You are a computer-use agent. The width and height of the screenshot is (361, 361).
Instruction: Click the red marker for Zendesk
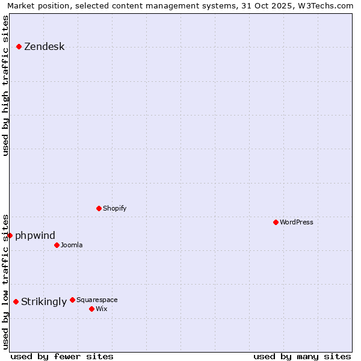(x=19, y=46)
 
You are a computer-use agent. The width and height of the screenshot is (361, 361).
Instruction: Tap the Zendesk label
(x=44, y=47)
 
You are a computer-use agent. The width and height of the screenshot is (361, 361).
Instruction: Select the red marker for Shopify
(x=99, y=208)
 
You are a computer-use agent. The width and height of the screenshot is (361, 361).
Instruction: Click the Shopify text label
(x=114, y=208)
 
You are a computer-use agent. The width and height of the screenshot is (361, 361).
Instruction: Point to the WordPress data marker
(x=276, y=222)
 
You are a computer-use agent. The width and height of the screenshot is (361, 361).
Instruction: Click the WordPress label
(x=296, y=222)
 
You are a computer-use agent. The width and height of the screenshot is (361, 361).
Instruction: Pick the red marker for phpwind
(x=10, y=235)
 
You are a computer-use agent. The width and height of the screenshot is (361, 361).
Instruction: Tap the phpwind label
(x=35, y=235)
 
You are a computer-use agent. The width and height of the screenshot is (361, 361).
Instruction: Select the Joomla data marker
(x=57, y=245)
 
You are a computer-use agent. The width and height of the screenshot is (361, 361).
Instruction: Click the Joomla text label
(x=72, y=245)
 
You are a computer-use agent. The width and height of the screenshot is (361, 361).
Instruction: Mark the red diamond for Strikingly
(x=16, y=301)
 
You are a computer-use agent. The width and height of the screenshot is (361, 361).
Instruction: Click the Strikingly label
(x=43, y=302)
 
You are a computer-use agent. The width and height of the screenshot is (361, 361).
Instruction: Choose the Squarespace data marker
(x=72, y=300)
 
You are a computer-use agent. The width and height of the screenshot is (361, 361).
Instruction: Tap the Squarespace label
(x=97, y=300)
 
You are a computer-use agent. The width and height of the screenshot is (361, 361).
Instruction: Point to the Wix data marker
(x=91, y=309)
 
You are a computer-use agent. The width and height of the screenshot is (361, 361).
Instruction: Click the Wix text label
(x=102, y=309)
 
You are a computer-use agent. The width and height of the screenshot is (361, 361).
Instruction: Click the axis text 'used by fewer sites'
(x=62, y=356)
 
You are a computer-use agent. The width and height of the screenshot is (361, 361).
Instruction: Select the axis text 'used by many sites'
(x=302, y=356)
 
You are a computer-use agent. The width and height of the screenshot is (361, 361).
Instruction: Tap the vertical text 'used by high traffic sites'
(x=5, y=85)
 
